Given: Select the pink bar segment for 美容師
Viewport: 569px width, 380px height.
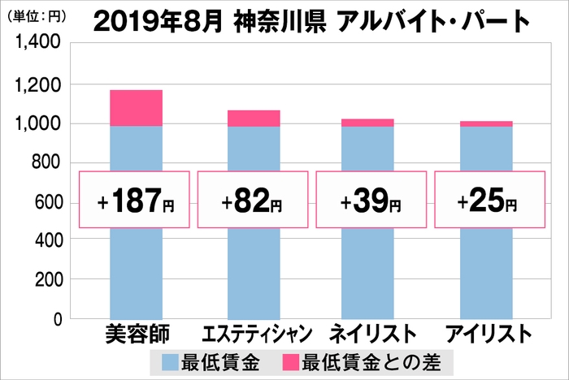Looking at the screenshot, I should pyautogui.click(x=136, y=108).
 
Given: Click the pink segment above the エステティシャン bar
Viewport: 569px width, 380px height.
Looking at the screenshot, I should pyautogui.click(x=254, y=119).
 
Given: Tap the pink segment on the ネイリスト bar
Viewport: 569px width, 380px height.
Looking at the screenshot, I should pyautogui.click(x=368, y=123).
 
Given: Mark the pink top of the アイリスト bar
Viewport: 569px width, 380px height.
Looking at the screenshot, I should pyautogui.click(x=486, y=124).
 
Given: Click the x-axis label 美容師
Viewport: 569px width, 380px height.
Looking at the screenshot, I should pyautogui.click(x=136, y=335).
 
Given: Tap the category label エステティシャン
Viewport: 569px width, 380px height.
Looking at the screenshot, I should pyautogui.click(x=254, y=335).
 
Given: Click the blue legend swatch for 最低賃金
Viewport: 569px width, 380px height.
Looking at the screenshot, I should pyautogui.click(x=172, y=361).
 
